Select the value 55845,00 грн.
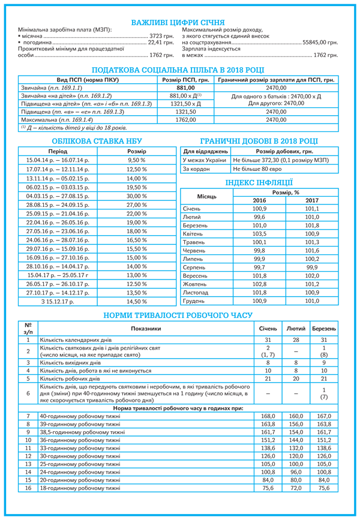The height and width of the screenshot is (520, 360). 320,43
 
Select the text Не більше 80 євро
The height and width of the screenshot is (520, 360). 258,169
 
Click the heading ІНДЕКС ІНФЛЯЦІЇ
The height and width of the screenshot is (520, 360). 259,182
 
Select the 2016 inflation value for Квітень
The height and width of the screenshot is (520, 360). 259,233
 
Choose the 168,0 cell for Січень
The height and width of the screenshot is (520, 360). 268,416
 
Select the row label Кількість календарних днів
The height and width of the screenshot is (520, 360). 77,340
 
